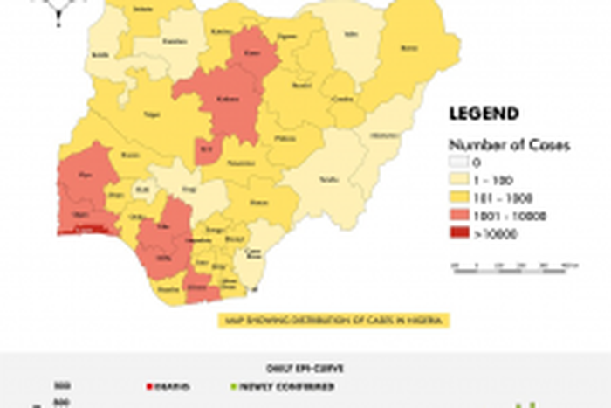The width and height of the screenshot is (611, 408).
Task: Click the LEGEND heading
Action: [x=484, y=114]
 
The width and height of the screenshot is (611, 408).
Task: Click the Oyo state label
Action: [x=85, y=175]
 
